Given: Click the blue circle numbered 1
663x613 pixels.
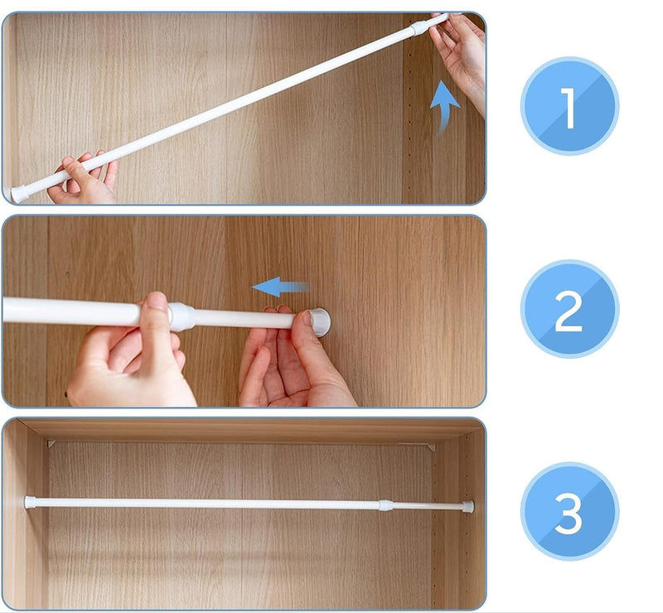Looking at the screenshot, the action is (x=569, y=106).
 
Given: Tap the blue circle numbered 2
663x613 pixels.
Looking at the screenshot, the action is (x=569, y=309).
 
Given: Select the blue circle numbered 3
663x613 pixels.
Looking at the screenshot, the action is (x=569, y=511).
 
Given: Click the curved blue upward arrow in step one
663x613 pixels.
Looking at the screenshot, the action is (x=443, y=108).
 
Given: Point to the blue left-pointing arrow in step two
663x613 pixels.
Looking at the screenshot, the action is (x=280, y=287).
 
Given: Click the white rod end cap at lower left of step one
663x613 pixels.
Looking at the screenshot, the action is (x=19, y=194).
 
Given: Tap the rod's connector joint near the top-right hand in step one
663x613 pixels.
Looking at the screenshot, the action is (x=419, y=28).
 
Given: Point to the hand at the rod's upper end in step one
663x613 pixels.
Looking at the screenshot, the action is (x=459, y=59).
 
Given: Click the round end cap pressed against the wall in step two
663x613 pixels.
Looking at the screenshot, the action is (x=319, y=322).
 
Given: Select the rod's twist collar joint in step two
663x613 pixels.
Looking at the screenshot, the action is (x=181, y=316).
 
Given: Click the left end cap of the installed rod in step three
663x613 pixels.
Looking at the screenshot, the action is (x=30, y=502).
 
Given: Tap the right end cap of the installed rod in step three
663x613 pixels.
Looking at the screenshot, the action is (x=468, y=506).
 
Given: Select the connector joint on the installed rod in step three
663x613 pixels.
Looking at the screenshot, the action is (x=386, y=505).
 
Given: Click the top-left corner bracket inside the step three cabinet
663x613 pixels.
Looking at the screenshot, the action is (x=51, y=443).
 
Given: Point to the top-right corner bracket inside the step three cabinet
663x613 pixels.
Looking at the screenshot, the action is (x=431, y=446).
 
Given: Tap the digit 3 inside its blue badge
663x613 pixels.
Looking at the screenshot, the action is (x=569, y=513).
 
